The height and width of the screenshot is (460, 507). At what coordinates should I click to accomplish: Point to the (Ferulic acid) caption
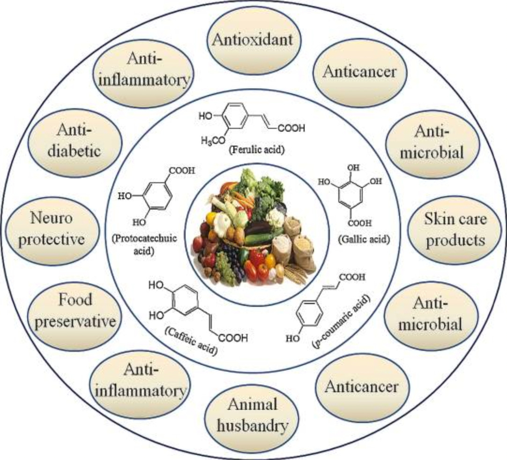(x=252, y=151)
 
